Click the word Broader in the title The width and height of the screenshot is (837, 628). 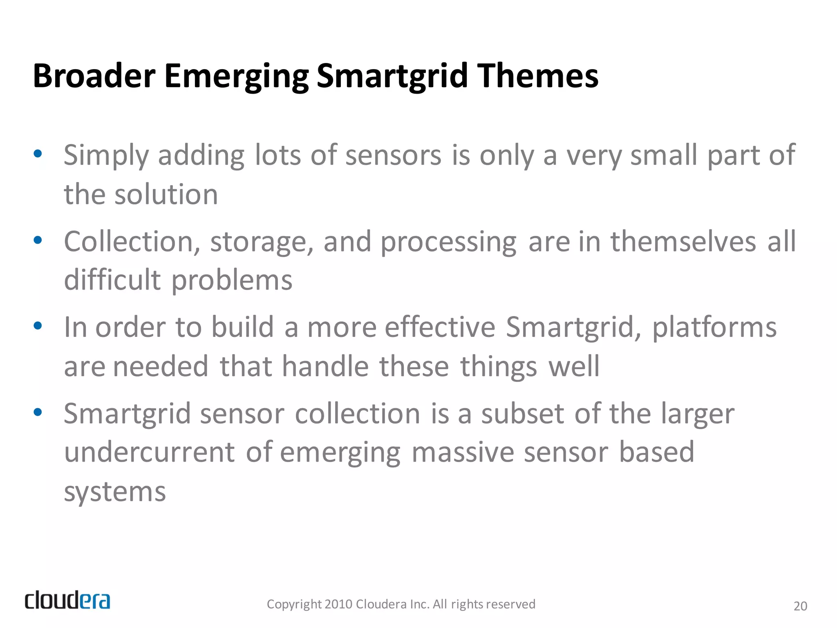94,76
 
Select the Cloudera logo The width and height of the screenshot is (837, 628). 67,601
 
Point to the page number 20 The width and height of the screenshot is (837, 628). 800,606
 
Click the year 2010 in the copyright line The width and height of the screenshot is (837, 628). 338,604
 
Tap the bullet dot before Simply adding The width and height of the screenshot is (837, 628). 38,154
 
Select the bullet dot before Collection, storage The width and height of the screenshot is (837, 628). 38,240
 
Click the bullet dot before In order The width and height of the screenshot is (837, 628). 38,326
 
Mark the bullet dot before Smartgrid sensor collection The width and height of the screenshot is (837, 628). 38,412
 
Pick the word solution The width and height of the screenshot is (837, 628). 166,195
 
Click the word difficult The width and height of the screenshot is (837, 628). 112,280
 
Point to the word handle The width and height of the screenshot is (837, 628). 325,366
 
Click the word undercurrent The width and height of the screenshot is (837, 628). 150,453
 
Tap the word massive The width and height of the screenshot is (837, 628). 462,453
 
